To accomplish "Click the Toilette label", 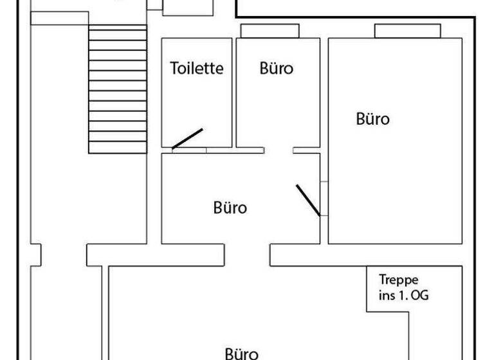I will click(197, 68).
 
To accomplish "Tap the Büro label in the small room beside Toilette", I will click(276, 68).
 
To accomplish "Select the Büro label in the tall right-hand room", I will click(372, 119).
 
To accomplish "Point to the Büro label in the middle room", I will click(230, 208).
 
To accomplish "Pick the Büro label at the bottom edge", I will click(242, 353).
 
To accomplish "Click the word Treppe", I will click(399, 280).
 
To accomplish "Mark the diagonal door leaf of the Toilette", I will click(187, 139).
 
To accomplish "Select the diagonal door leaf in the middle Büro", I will click(307, 200).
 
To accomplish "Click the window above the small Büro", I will click(270, 31).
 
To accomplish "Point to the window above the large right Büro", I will click(407, 31).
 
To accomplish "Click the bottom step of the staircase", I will click(117, 147).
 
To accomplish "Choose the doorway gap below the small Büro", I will click(279, 150).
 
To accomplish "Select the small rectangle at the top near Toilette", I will click(187, 7).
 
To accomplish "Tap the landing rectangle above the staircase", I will click(59, 18).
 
